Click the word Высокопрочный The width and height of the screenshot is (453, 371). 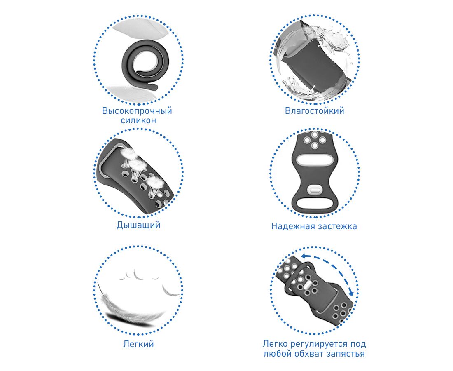coord(137,111)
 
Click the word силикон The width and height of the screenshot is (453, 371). coord(138,120)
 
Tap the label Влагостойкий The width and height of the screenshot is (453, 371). coord(314,111)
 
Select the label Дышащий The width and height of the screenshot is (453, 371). coord(138,225)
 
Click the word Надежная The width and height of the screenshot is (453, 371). coord(292,226)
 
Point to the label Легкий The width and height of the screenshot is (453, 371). coord(138,344)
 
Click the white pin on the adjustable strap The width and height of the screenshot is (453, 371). coord(306,285)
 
